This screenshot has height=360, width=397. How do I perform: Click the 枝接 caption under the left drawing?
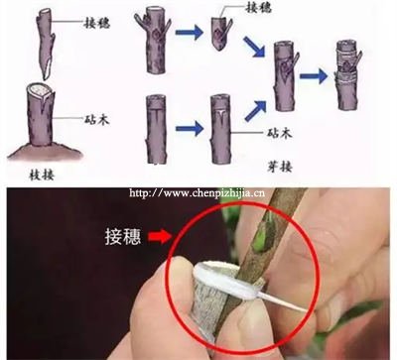[42, 175]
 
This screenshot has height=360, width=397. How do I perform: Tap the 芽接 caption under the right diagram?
[280, 167]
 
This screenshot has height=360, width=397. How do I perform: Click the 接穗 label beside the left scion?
[96, 23]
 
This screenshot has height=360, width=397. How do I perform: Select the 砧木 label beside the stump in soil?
[96, 119]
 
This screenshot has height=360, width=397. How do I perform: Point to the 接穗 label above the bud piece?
[259, 7]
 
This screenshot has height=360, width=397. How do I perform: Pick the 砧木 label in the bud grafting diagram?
[280, 133]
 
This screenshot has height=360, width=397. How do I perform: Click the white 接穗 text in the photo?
[123, 236]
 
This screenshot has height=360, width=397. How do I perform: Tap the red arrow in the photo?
[160, 236]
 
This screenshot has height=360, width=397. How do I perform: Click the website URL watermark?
[197, 192]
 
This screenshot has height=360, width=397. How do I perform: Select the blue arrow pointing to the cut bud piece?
[189, 33]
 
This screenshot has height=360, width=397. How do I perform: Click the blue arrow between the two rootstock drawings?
[190, 128]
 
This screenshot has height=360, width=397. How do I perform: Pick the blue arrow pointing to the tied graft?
[314, 76]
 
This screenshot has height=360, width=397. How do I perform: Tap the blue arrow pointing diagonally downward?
[255, 47]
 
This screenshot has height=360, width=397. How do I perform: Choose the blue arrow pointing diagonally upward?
[255, 111]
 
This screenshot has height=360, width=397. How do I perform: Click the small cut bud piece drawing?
[221, 33]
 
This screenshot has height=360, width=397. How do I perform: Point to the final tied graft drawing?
[347, 75]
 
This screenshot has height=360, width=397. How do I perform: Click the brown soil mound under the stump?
[45, 151]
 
